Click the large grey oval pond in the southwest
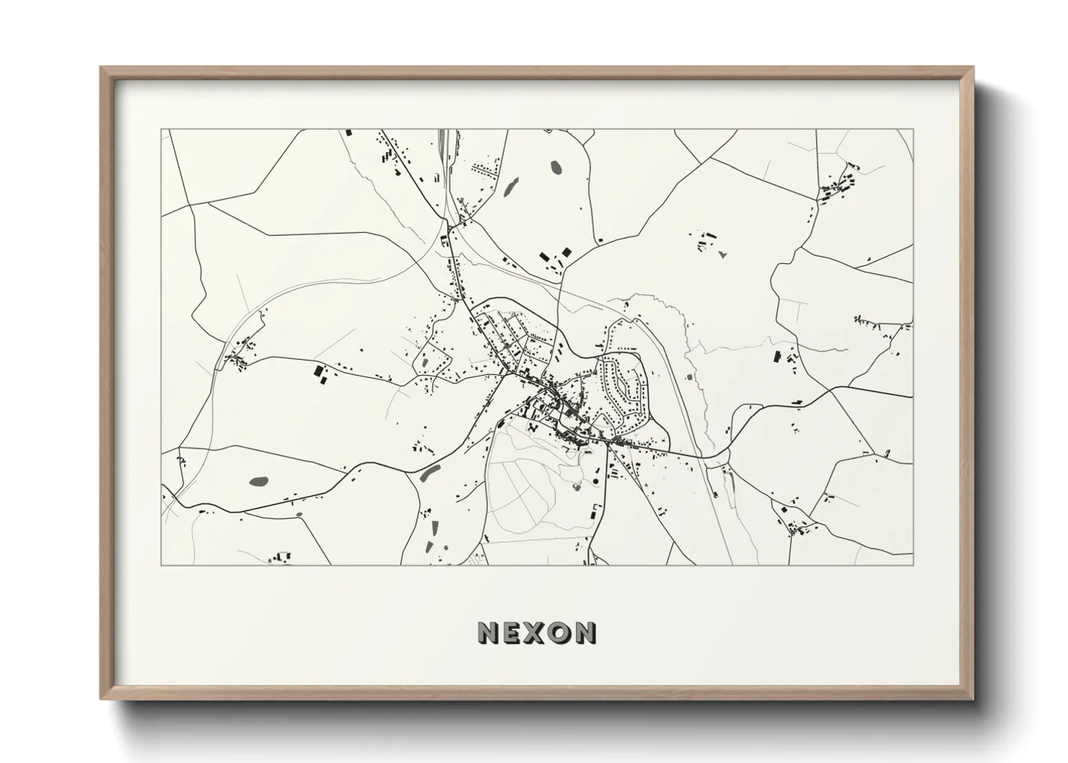(x=258, y=480)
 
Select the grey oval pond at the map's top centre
(x=557, y=167)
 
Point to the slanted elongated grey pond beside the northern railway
(x=507, y=188)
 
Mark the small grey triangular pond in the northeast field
(x=722, y=254)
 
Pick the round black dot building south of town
(x=597, y=481)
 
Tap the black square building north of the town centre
(x=566, y=252)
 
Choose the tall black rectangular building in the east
(x=777, y=356)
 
